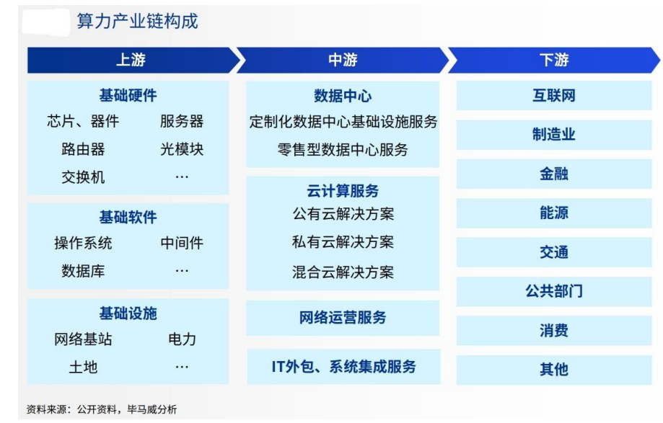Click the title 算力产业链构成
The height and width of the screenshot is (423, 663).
pyautogui.click(x=137, y=22)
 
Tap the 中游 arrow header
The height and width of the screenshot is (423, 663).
pyautogui.click(x=343, y=60)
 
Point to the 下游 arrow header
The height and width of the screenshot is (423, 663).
pyautogui.click(x=554, y=60)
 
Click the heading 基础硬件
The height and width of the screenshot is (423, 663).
pyautogui.click(x=128, y=95)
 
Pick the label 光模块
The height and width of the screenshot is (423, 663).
pyautogui.click(x=182, y=149)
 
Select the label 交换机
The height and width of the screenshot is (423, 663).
pyautogui.click(x=83, y=177)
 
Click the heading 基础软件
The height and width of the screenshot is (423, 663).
pyautogui.click(x=128, y=218)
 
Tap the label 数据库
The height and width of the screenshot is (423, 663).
pyautogui.click(x=83, y=271)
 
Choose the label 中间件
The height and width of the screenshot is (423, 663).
pyautogui.click(x=182, y=243)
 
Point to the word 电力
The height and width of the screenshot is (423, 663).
pyautogui.click(x=182, y=339)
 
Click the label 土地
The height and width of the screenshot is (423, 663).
pyautogui.click(x=83, y=367)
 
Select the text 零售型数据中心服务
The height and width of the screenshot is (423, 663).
pyautogui.click(x=343, y=149)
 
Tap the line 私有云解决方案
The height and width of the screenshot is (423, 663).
pyautogui.click(x=343, y=242)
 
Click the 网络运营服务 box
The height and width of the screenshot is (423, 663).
pyautogui.click(x=343, y=318)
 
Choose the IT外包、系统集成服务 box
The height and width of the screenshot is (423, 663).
pyautogui.click(x=343, y=366)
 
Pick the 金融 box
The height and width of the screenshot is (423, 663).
pyautogui.click(x=554, y=174)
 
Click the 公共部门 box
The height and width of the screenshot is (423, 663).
pyautogui.click(x=554, y=291)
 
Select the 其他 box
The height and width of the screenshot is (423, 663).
pyautogui.click(x=554, y=370)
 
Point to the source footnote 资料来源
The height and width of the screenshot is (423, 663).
pyautogui.click(x=102, y=409)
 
